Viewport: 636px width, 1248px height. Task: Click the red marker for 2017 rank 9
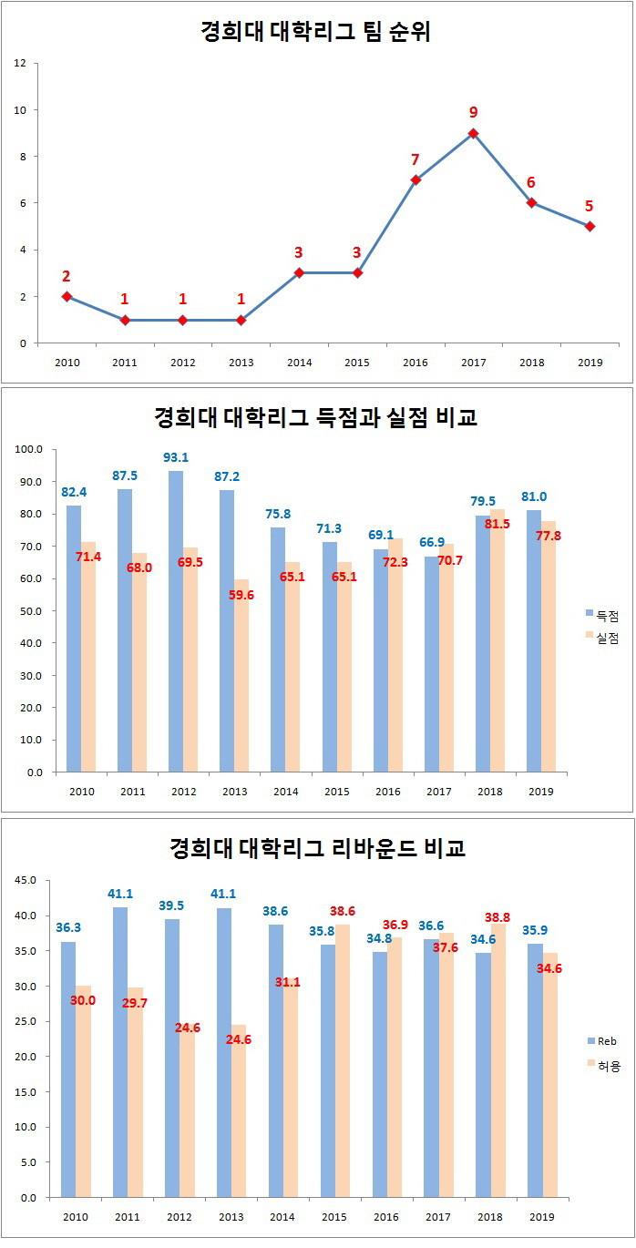473,133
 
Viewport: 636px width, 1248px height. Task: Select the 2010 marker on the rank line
67,297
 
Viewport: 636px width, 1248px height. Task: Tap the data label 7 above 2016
415,159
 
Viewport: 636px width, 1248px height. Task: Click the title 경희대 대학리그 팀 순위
315,33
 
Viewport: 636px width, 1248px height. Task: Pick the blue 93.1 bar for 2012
176,621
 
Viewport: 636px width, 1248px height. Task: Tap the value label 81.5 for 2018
498,525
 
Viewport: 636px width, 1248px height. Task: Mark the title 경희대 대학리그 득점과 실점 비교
315,418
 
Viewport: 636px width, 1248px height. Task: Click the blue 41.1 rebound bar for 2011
120,1052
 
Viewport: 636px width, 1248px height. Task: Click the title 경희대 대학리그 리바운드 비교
317,849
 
